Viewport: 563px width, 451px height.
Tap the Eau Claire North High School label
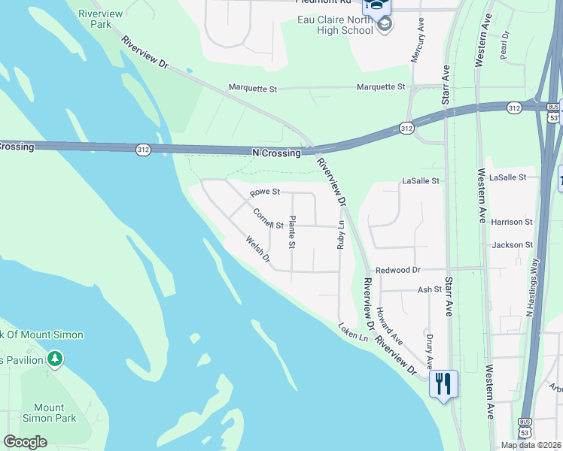click(x=336, y=24)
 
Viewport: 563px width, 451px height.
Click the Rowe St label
click(x=264, y=192)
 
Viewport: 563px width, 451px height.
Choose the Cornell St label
click(x=268, y=220)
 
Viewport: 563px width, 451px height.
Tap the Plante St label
click(x=292, y=232)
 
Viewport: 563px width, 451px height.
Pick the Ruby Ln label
click(x=340, y=235)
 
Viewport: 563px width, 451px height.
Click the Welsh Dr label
click(x=257, y=250)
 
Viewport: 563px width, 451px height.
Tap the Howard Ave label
click(x=389, y=325)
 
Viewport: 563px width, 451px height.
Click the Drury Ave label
click(x=430, y=352)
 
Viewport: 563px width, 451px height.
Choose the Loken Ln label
click(x=352, y=330)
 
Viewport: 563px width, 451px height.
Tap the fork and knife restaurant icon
click(x=443, y=383)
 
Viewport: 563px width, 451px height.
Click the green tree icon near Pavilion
click(x=54, y=359)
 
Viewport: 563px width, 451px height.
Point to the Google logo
click(x=25, y=442)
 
